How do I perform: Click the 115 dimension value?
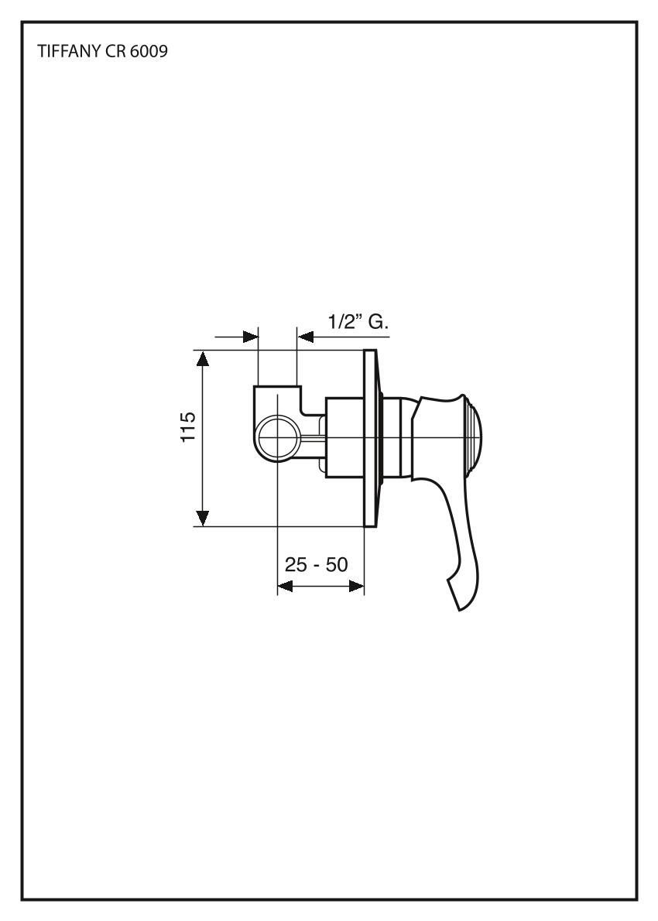click(x=188, y=427)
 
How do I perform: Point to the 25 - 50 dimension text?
click(x=316, y=564)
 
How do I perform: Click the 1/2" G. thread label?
click(x=358, y=322)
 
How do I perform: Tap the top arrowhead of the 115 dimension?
click(x=203, y=358)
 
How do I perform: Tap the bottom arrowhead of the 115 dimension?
click(x=203, y=519)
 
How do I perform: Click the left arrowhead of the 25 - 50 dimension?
click(x=285, y=586)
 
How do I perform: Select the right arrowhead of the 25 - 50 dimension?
click(x=357, y=586)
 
